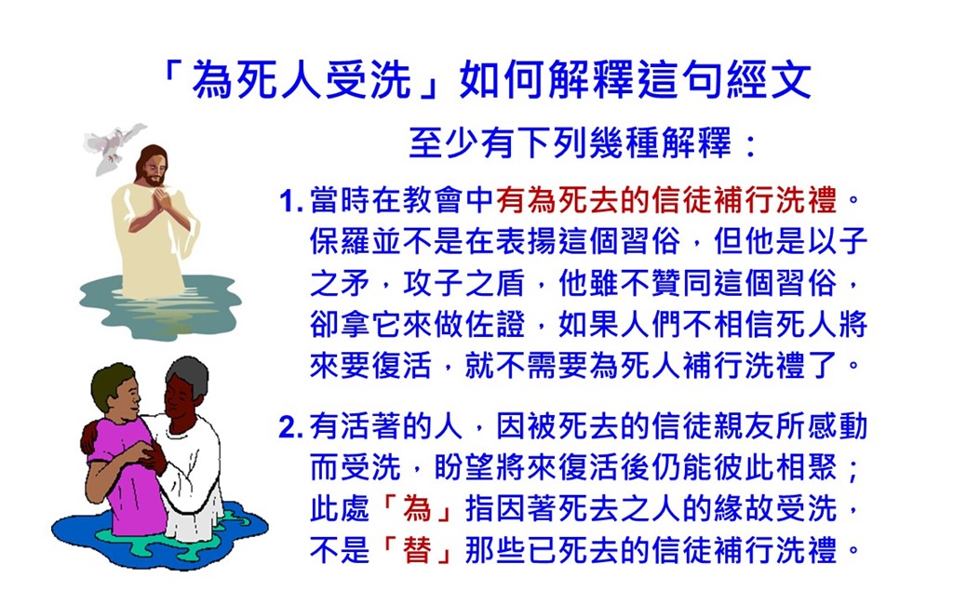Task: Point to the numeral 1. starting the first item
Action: (x=290, y=201)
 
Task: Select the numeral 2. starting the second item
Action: (x=290, y=427)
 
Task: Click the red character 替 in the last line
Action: (x=417, y=550)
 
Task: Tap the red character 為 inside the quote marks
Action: (x=417, y=509)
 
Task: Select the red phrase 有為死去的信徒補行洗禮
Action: (x=666, y=200)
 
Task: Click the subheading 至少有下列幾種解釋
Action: (x=570, y=143)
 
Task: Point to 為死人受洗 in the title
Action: (x=302, y=80)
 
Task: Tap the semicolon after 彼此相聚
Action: (x=853, y=469)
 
